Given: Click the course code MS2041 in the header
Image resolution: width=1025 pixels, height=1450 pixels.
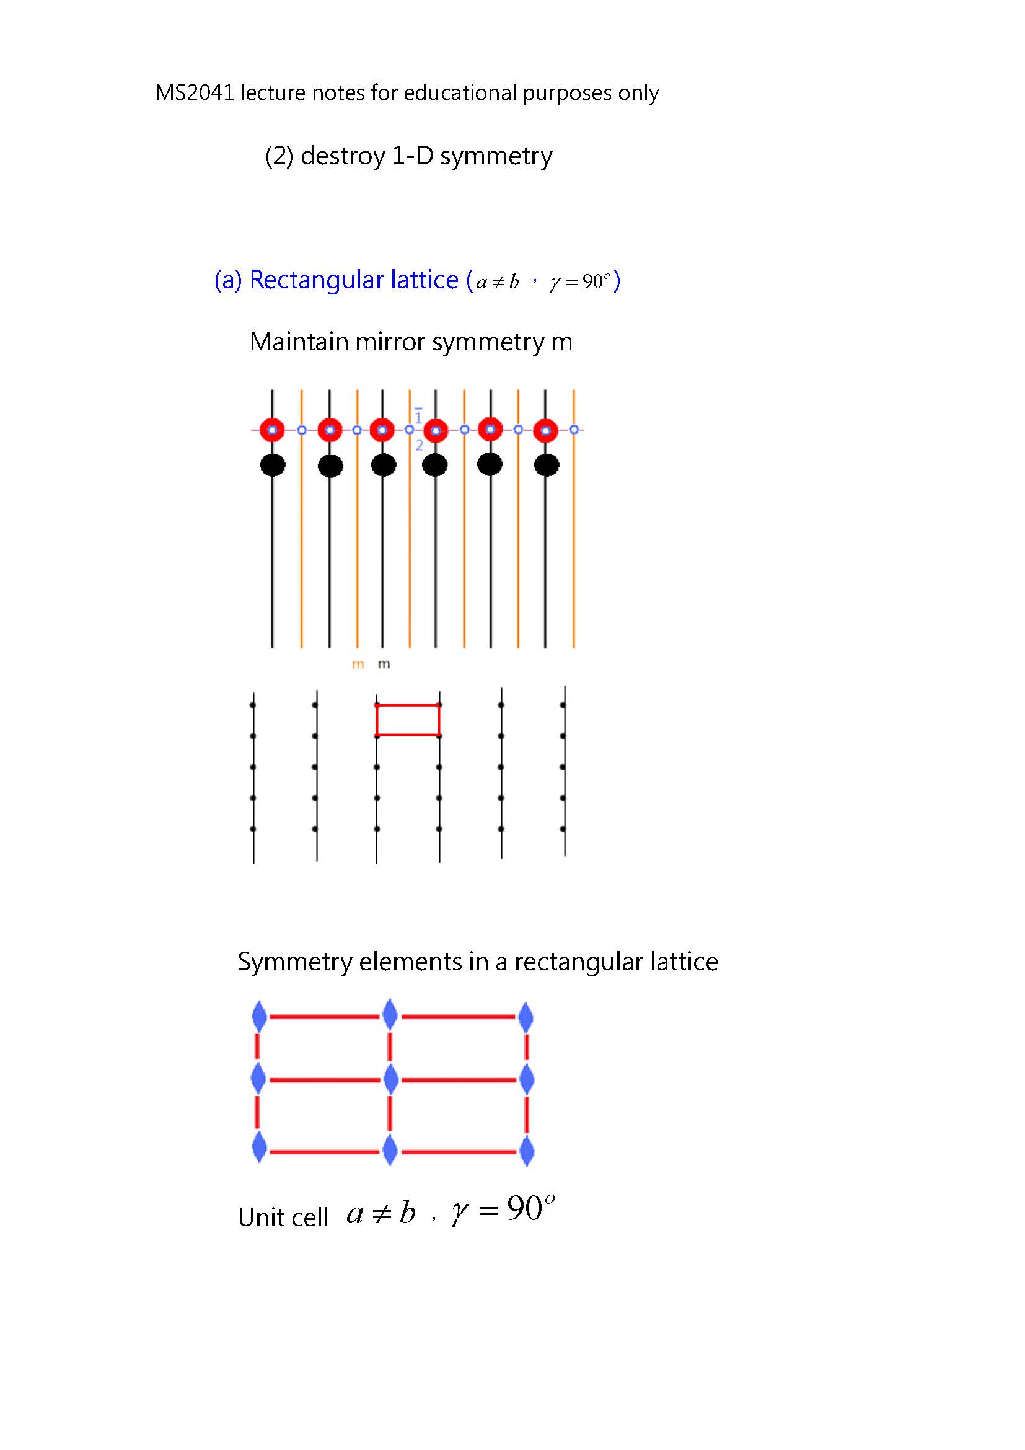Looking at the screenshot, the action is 195,93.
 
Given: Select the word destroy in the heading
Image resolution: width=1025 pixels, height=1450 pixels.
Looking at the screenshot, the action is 343,156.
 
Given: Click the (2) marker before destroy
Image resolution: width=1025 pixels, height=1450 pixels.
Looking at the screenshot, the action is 279,156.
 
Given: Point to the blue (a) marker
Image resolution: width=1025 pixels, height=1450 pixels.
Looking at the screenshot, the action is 228,280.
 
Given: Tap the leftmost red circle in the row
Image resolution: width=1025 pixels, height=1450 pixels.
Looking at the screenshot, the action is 272,430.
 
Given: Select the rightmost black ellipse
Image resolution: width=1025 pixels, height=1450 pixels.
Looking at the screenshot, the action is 546,466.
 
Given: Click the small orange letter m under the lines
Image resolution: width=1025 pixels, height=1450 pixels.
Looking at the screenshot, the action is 358,665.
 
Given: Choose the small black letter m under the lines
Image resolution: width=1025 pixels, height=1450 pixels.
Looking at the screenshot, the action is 384,665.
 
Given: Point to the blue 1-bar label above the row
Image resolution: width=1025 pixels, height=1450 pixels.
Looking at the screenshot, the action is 418,415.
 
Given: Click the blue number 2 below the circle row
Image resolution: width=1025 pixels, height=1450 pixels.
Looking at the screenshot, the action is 419,446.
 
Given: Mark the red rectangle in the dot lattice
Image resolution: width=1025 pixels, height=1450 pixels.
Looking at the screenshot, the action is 408,705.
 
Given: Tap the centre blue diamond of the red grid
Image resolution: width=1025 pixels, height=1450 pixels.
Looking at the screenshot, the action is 390,1079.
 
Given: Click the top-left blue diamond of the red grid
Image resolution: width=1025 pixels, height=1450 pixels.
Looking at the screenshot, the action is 259,1016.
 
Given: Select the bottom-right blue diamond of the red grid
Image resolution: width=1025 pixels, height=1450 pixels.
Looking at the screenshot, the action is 526,1151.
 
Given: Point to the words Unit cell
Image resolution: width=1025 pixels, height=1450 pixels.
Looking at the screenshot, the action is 283,1218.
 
